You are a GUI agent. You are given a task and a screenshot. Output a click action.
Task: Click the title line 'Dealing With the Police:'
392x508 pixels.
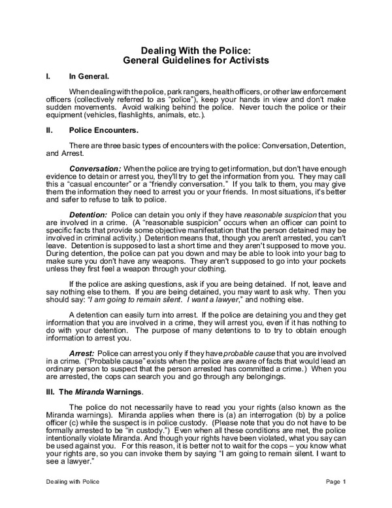(x=196, y=50)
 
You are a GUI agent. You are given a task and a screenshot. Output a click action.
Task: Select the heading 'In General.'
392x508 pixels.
(x=88, y=77)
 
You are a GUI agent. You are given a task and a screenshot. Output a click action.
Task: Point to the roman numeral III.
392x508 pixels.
(x=50, y=391)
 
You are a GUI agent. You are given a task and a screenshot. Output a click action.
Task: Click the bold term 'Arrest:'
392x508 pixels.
(x=86, y=353)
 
